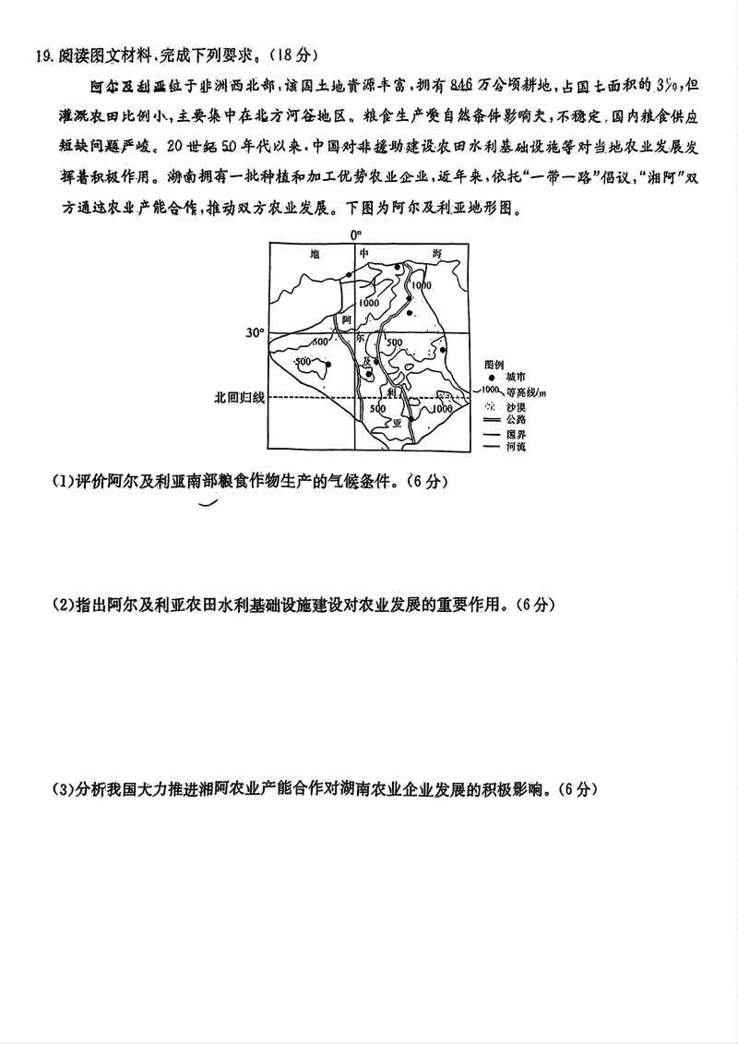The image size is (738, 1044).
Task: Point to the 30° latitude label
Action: click(x=255, y=332)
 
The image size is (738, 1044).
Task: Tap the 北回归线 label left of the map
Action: click(x=239, y=397)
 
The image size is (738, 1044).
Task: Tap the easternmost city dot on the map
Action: click(x=444, y=351)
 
